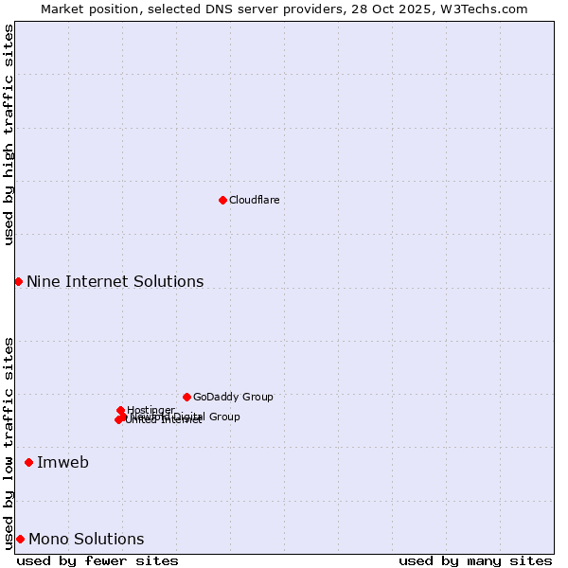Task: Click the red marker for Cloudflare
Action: click(x=222, y=200)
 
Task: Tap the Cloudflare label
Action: click(x=254, y=200)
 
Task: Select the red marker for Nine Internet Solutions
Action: click(x=18, y=281)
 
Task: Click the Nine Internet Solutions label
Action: click(x=115, y=281)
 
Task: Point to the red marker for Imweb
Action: click(x=28, y=462)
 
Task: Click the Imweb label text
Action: click(x=62, y=462)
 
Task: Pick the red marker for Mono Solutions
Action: click(x=20, y=539)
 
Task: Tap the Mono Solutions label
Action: click(x=86, y=539)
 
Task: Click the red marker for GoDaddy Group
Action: click(x=186, y=397)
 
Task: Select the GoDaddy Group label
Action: click(x=233, y=397)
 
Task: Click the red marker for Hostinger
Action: click(x=120, y=410)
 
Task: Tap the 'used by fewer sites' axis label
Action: click(x=98, y=560)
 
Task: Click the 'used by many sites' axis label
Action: click(x=475, y=560)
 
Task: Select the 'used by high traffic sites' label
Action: click(x=9, y=134)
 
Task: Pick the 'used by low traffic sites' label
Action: click(x=9, y=442)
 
